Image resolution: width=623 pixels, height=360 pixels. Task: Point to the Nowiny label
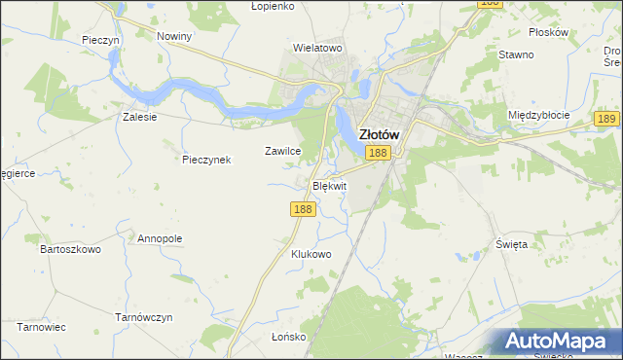(174, 36)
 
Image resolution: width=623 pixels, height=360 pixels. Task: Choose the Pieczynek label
(206, 160)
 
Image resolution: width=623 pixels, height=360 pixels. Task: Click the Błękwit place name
(328, 185)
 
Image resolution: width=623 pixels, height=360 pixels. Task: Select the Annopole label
(160, 237)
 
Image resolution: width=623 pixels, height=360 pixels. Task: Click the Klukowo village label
(311, 254)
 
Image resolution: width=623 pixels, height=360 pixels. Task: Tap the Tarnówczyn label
(143, 317)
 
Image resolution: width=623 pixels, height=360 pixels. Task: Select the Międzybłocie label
(538, 114)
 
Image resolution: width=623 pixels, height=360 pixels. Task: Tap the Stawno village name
(516, 54)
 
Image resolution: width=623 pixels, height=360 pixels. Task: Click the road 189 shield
(605, 118)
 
